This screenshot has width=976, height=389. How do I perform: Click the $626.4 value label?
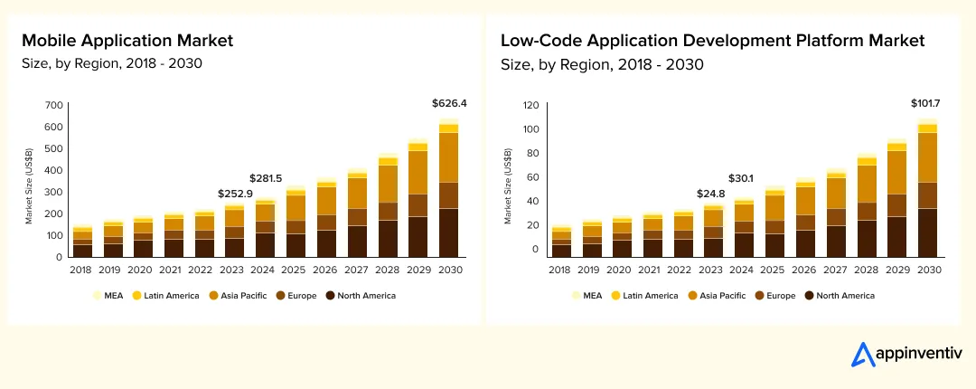click(x=449, y=104)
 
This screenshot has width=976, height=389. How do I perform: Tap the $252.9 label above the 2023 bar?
click(x=236, y=194)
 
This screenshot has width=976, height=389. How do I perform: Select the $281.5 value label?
click(x=266, y=178)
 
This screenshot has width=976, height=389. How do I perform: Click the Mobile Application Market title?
click(x=127, y=41)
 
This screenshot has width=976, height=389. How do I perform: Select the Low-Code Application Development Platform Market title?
click(x=712, y=41)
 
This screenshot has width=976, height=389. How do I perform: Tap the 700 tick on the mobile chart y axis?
click(x=52, y=105)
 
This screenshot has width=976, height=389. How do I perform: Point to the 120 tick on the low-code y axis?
click(x=531, y=105)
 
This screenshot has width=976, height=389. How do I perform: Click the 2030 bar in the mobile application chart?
click(x=449, y=190)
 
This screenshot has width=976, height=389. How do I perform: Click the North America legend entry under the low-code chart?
click(x=841, y=296)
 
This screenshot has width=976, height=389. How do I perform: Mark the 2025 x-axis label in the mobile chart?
click(x=296, y=270)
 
